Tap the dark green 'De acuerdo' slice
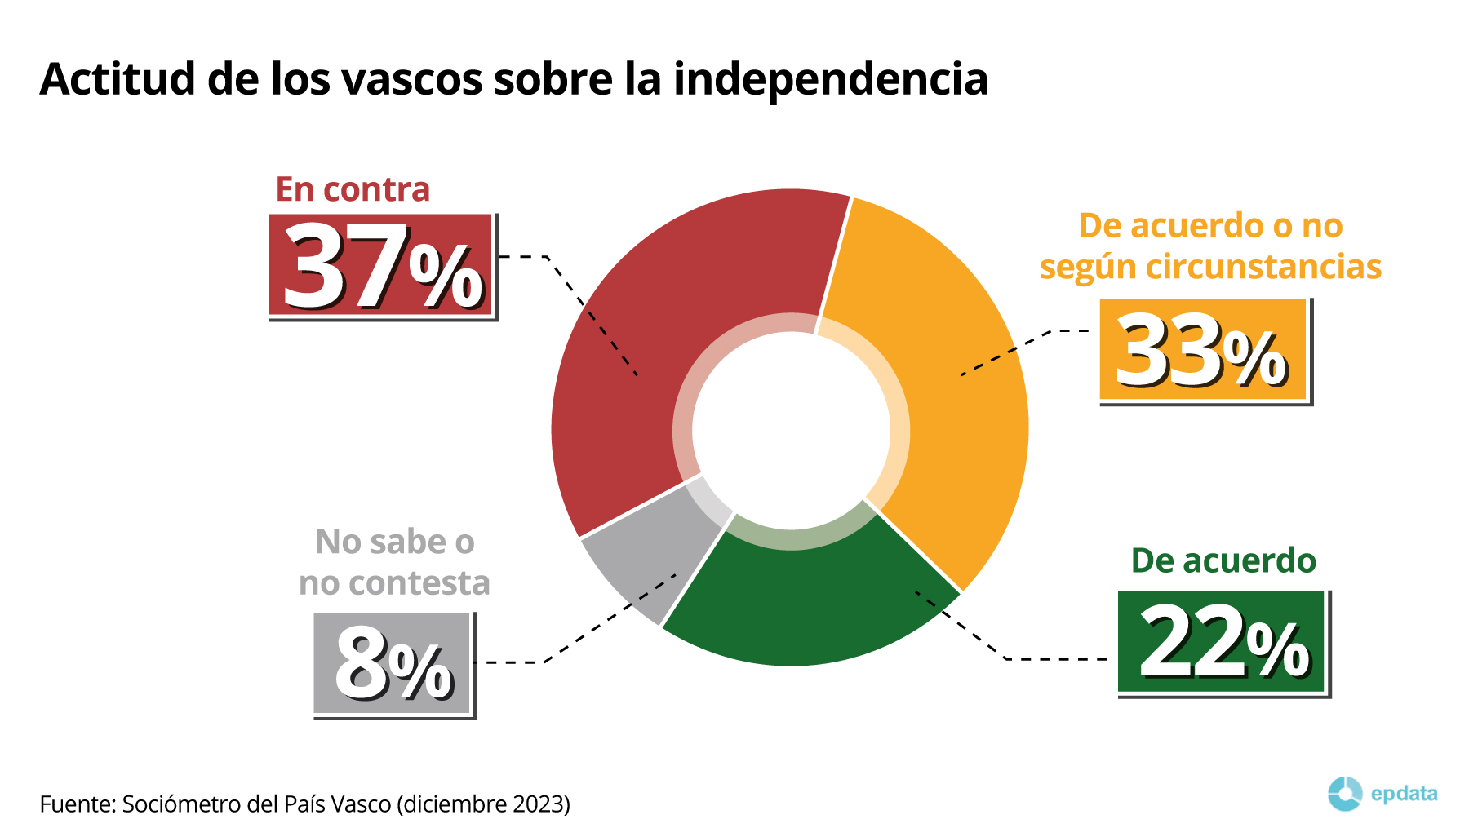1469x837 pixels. point(808,604)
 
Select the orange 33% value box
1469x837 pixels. point(1203,350)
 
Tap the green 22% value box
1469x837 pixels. point(1222,642)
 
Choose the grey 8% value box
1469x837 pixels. point(393,663)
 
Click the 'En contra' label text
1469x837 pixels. point(353,189)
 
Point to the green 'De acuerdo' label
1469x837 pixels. point(1223,561)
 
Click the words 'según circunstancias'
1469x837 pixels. point(1210,268)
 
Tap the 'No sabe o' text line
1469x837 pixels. point(395,542)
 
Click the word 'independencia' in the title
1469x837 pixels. point(831,79)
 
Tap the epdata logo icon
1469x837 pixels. point(1344,794)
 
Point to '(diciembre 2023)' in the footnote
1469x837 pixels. point(483,804)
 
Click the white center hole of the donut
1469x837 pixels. point(790,430)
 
